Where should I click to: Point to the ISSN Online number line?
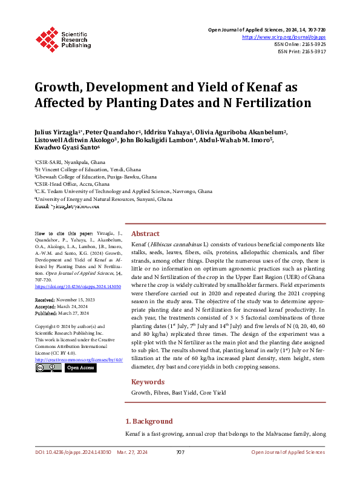coord(300,45)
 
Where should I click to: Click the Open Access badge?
coord(80,367)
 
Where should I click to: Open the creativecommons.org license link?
coord(79,359)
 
